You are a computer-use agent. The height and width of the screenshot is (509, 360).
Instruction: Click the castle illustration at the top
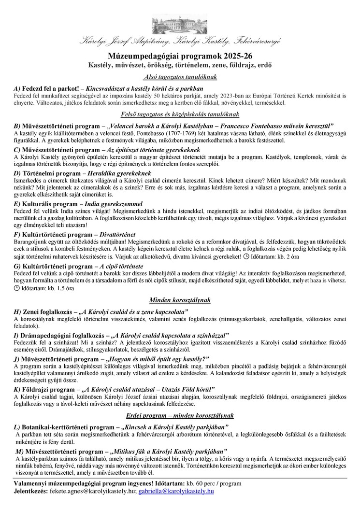[180, 24]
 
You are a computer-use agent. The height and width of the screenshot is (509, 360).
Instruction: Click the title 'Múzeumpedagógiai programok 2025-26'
[180, 56]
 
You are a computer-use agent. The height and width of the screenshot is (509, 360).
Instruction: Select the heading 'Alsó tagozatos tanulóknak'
[180, 77]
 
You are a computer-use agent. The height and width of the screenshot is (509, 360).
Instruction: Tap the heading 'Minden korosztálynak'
[180, 300]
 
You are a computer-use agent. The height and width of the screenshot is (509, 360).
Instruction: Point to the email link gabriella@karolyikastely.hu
[176, 491]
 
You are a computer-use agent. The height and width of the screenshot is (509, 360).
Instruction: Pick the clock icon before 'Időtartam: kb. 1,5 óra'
[17, 288]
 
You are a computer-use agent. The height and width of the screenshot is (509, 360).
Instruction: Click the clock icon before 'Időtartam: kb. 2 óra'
[246, 256]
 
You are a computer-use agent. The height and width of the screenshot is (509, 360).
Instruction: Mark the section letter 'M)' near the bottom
[18, 451]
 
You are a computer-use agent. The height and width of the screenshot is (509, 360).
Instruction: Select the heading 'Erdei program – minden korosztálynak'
[180, 415]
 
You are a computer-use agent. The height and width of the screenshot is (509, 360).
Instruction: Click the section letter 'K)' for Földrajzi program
[17, 389]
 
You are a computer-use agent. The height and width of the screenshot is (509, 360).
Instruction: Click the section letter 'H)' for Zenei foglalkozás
[17, 311]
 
